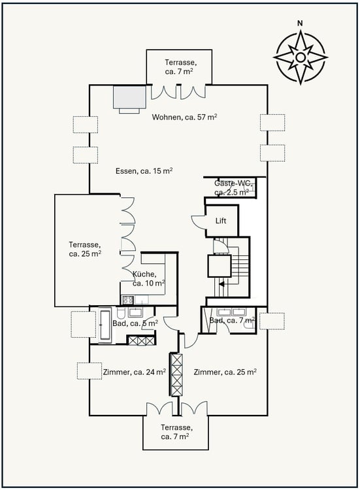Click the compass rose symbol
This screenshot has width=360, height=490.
[x=300, y=57]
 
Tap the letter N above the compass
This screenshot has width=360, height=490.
[x=300, y=24]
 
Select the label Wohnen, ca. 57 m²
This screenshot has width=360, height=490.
[x=185, y=117]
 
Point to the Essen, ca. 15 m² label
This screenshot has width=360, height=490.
[x=144, y=171]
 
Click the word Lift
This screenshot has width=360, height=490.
[x=221, y=221]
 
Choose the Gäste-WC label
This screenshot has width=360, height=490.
[x=232, y=188]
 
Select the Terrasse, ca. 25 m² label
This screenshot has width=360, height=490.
[x=86, y=249]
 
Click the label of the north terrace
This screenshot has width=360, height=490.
[x=178, y=66]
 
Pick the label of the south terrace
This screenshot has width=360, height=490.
[x=176, y=432]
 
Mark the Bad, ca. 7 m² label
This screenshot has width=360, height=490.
[x=232, y=320]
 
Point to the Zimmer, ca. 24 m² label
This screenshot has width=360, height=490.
[x=134, y=372]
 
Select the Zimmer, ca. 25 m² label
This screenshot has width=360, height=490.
[x=225, y=372]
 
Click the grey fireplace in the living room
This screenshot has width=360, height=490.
[x=129, y=98]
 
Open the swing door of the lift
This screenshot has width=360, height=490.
[x=197, y=222]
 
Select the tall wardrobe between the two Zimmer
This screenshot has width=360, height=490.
[x=176, y=374]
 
